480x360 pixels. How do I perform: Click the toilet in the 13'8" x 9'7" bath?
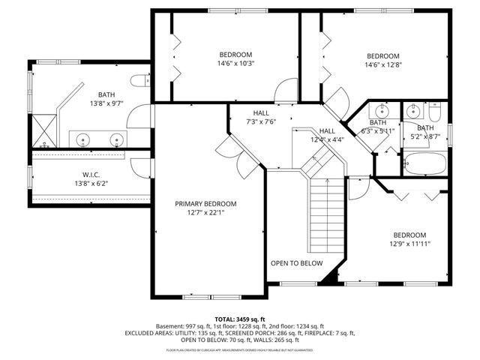coord(139,81)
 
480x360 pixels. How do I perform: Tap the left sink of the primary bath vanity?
coord(83,139)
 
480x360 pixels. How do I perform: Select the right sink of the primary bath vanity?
coord(116,139)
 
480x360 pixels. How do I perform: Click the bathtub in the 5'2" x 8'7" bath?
coord(425,163)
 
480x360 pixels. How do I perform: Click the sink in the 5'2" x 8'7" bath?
coord(412,112)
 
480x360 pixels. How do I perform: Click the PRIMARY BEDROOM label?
coord(205,204)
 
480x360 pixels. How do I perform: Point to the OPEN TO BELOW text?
coord(297,263)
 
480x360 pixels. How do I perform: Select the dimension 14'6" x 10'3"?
coord(236,64)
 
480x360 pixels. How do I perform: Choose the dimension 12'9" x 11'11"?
coord(409,243)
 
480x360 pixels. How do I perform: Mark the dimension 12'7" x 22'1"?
coord(205,212)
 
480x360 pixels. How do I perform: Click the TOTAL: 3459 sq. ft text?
coord(240,319)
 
